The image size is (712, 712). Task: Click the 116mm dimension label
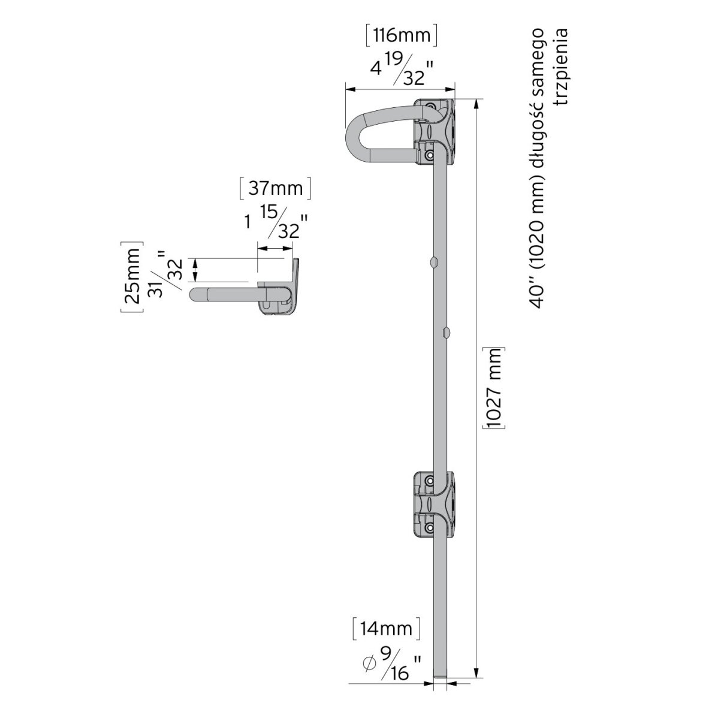[x=402, y=35]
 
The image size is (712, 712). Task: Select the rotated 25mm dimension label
[x=132, y=276]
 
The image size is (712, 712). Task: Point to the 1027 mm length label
[x=494, y=388]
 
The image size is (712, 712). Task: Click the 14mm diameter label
[x=386, y=629]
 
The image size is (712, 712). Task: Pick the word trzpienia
[x=562, y=67]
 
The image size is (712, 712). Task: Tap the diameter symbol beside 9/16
[x=369, y=663]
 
